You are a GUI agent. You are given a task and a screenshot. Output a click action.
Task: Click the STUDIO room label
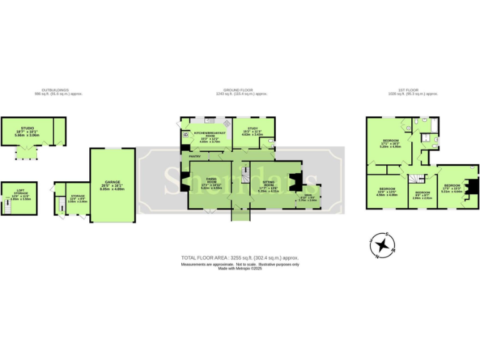[x=27, y=127]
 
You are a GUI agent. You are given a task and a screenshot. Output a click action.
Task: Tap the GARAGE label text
[x=112, y=185]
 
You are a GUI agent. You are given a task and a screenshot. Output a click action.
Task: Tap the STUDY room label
[x=252, y=128]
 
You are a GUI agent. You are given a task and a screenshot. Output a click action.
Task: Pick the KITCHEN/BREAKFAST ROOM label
[x=209, y=134]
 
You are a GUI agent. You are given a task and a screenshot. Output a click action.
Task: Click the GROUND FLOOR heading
[x=241, y=90]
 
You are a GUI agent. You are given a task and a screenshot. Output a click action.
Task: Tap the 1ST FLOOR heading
[x=412, y=90]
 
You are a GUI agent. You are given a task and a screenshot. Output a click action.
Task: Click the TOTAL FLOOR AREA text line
[x=240, y=257]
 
